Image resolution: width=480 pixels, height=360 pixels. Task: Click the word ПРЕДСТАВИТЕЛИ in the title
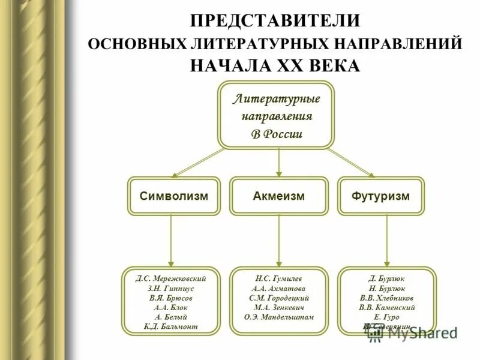pos(275,20)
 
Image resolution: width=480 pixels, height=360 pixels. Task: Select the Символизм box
pos(173,196)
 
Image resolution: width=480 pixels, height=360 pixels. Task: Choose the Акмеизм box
pos(278,196)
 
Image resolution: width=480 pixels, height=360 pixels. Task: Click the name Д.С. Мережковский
pos(171,278)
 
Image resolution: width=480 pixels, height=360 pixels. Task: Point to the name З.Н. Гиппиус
pos(171,288)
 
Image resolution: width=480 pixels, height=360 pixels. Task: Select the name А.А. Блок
pos(171,307)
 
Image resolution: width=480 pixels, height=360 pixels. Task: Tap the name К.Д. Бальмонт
pos(171,326)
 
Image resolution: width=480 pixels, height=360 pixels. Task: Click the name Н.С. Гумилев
pos(279,278)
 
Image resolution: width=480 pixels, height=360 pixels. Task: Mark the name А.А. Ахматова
pos(279,288)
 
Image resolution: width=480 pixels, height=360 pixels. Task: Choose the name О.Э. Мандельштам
pos(279,316)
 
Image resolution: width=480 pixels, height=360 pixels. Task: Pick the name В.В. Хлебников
pos(386,298)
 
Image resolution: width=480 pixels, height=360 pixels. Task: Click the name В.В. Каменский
pos(386,307)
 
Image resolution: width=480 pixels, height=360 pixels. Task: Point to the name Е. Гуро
pos(386,316)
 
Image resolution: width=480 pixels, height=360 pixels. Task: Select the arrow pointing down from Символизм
pos(171,240)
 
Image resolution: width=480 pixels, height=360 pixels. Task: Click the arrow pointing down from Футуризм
pos(386,240)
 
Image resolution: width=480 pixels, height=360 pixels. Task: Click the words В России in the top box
pos(276,133)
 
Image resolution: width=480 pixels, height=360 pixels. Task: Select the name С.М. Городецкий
pos(279,298)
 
